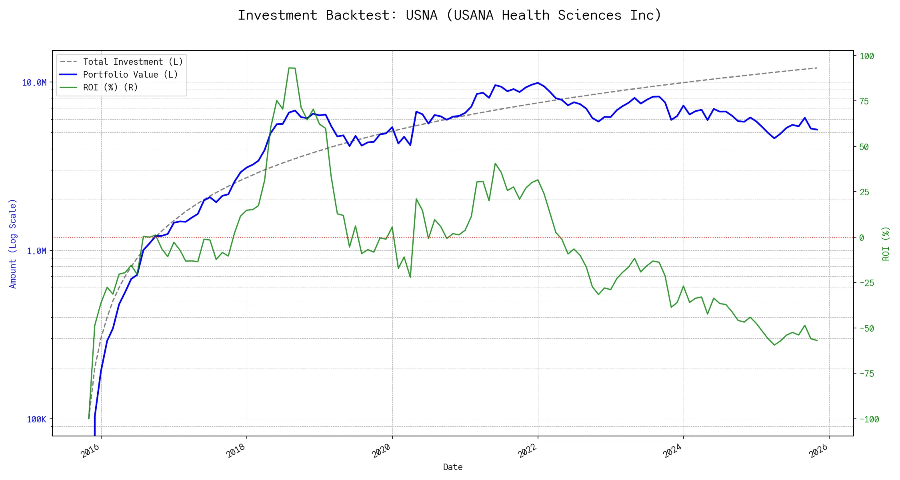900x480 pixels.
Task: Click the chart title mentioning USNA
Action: pyautogui.click(x=450, y=15)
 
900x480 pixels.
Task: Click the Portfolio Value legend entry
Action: pyautogui.click(x=130, y=75)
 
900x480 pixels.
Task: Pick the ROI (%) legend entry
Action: pyautogui.click(x=110, y=88)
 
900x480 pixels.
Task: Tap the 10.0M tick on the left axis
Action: pyautogui.click(x=34, y=83)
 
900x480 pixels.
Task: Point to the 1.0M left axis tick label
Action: pyautogui.click(x=36, y=251)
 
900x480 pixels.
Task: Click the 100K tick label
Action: pyautogui.click(x=37, y=420)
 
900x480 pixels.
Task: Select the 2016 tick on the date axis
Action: pyautogui.click(x=91, y=451)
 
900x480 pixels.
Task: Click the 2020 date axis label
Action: pyautogui.click(x=382, y=451)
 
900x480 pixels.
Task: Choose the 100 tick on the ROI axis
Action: pyautogui.click(x=867, y=56)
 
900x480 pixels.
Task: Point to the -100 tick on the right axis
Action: pyautogui.click(x=869, y=420)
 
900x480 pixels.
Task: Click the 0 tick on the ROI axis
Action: pyautogui.click(x=862, y=238)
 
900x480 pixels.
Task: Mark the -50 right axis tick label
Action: pyautogui.click(x=867, y=329)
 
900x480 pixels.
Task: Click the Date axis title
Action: pyautogui.click(x=453, y=467)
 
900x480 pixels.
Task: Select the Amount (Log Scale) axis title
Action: pyautogui.click(x=13, y=243)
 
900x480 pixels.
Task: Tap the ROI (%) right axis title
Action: pyautogui.click(x=886, y=243)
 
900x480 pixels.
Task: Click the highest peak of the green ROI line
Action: pyautogui.click(x=292, y=68)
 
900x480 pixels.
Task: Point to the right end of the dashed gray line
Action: pyautogui.click(x=817, y=68)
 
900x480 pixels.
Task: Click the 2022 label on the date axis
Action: pyautogui.click(x=528, y=451)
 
